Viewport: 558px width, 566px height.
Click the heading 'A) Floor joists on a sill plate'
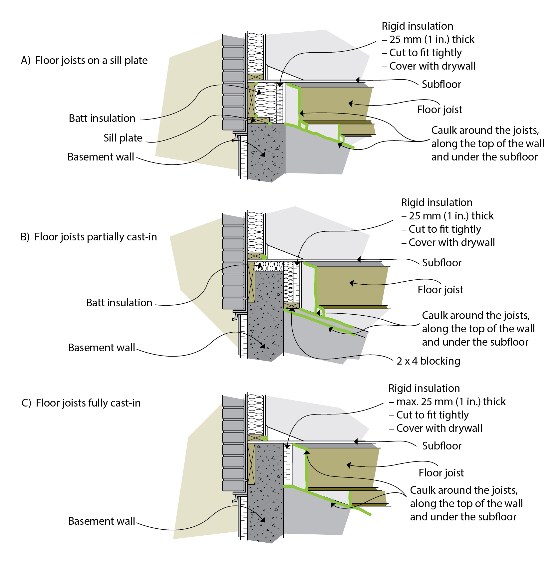click(x=84, y=60)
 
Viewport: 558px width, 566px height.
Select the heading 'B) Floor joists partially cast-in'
click(x=89, y=237)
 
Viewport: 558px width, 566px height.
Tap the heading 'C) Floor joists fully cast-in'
click(x=81, y=403)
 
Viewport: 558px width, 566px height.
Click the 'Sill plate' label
click(x=123, y=138)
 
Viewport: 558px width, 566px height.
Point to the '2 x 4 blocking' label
click(x=428, y=361)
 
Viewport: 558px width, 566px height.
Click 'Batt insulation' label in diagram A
click(x=102, y=118)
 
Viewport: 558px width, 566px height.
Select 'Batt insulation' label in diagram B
click(x=119, y=303)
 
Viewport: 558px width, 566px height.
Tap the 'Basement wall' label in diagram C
click(x=102, y=521)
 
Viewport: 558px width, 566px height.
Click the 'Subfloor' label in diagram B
click(x=442, y=263)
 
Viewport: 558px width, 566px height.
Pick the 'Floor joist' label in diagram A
click(x=439, y=110)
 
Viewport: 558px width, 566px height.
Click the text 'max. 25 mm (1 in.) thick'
click(x=451, y=402)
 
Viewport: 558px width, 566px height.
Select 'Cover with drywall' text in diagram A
click(x=432, y=66)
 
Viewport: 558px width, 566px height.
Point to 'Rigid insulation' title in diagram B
click(x=436, y=202)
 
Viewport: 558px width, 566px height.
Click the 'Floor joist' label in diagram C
click(x=441, y=473)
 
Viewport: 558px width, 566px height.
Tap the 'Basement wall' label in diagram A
click(x=101, y=157)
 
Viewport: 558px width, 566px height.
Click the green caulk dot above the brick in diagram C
click(x=265, y=438)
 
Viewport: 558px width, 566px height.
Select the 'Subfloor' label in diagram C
click(x=442, y=446)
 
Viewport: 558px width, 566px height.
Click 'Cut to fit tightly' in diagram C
click(x=432, y=415)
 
